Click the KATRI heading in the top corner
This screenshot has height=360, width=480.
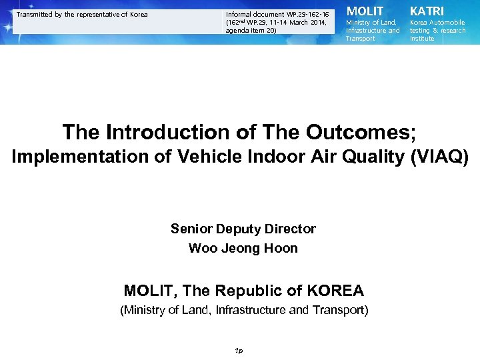[x=426, y=11]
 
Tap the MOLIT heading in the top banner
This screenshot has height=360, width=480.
[x=364, y=11]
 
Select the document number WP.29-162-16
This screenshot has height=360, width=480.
[x=306, y=14]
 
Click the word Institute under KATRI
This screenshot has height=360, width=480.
[x=421, y=39]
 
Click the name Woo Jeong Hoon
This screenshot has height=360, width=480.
[x=243, y=249]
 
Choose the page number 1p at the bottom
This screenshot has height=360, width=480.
[x=239, y=351]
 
